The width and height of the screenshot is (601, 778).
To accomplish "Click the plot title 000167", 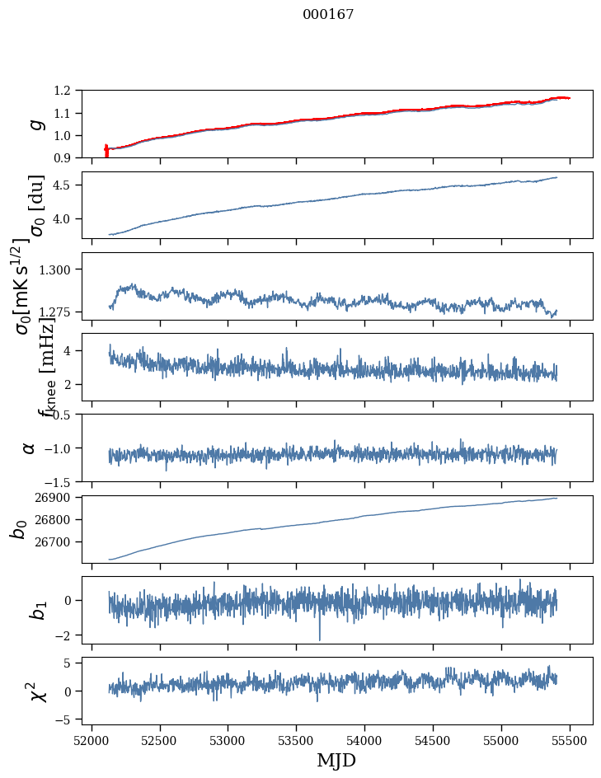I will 328,15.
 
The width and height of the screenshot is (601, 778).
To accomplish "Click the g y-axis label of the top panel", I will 35,124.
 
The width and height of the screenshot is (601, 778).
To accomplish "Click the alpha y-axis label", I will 29,447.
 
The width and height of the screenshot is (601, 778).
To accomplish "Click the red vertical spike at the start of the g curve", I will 106,151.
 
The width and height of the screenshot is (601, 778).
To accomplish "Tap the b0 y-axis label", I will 18,527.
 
